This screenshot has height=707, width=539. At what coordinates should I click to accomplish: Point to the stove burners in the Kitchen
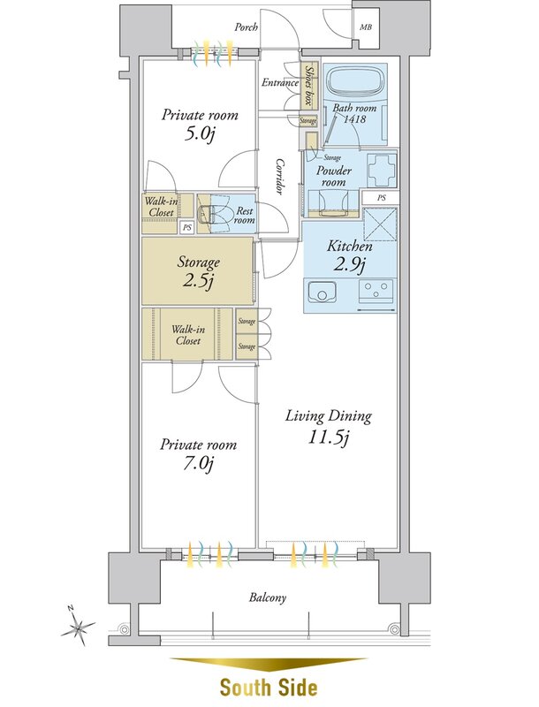(x=376, y=291)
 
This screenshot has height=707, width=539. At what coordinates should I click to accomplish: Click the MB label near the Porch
(x=366, y=27)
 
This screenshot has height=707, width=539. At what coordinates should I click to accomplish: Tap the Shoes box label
(x=308, y=86)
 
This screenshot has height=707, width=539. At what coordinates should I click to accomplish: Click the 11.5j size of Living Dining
(x=329, y=437)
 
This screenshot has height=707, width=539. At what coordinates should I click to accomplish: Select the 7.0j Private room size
(x=198, y=463)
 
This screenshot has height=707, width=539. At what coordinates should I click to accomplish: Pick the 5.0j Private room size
(x=199, y=134)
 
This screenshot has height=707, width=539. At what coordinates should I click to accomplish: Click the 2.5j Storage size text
(x=198, y=281)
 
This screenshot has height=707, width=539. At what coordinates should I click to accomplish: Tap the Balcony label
(x=268, y=598)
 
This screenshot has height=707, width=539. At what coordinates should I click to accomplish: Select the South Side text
(x=269, y=688)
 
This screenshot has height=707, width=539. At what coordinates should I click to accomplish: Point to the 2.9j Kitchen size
(x=349, y=264)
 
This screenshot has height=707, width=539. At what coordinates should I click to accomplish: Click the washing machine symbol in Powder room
(x=383, y=171)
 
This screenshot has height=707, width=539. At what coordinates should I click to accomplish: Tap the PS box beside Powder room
(x=381, y=197)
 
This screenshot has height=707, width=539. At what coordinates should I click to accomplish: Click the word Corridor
(x=280, y=176)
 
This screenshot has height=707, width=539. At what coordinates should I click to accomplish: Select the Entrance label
(x=280, y=82)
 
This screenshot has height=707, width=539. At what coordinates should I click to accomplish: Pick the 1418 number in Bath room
(x=354, y=119)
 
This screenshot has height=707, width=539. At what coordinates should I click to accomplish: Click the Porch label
(x=246, y=27)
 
